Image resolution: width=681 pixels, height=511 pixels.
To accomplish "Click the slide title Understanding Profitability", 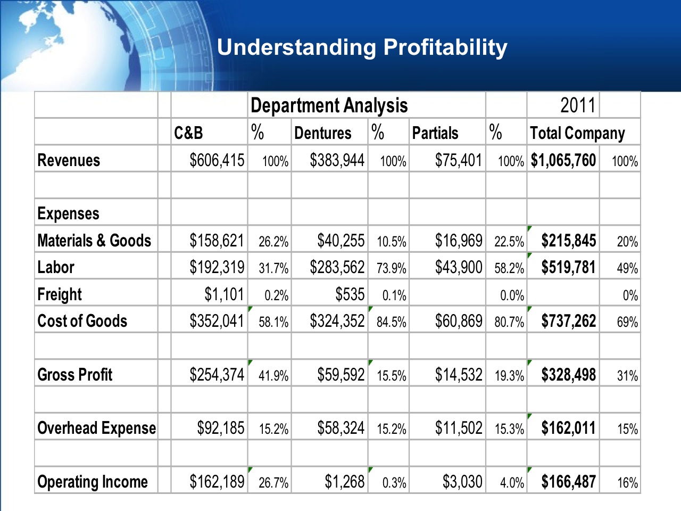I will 362,47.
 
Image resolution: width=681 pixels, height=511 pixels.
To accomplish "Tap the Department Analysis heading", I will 329,105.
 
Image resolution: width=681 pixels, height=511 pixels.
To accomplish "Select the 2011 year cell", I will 577,105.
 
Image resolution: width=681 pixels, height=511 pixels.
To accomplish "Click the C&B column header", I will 188,133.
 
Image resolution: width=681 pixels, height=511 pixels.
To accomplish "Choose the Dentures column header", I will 322,133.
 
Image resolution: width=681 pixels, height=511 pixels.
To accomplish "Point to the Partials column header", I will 435,133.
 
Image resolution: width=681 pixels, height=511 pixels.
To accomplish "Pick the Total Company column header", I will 577,133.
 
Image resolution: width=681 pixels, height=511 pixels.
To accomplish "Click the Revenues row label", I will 69,160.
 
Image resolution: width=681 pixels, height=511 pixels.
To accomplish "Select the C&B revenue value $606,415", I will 217,160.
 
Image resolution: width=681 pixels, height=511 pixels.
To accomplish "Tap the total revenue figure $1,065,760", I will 563,160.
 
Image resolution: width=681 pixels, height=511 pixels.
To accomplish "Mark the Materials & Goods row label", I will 94,241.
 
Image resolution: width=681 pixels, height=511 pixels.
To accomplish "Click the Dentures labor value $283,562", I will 337,267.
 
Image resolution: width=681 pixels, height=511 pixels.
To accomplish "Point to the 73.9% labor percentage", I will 391,268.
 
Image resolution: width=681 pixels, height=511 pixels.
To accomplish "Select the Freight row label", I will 60,294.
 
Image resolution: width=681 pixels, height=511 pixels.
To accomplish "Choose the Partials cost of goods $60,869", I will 458,321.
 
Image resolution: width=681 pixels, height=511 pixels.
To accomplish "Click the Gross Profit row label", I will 74,375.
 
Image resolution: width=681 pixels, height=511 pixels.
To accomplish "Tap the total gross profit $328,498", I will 568,375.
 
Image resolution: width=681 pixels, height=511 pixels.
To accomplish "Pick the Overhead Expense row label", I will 96,428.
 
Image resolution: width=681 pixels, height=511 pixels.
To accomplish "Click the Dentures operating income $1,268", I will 344,482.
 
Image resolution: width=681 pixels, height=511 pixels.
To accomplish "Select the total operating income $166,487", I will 568,482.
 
